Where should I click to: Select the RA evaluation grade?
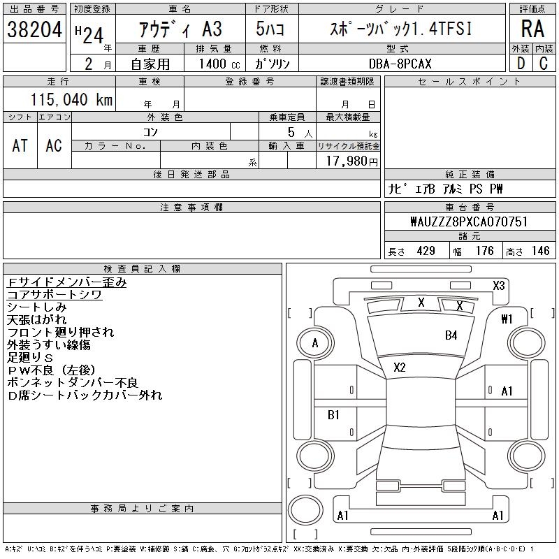(532, 29)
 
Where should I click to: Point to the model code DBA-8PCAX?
(399, 64)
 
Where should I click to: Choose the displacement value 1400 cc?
(215, 64)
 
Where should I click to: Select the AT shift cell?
(20, 145)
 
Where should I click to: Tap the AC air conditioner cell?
(54, 145)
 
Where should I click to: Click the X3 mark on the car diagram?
(498, 285)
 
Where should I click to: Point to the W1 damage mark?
(507, 319)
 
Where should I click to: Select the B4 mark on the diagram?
(451, 335)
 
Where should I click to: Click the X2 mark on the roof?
(400, 368)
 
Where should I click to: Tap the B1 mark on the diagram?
(333, 415)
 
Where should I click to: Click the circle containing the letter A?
(315, 343)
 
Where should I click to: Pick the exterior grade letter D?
(520, 64)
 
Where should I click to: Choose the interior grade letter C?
(544, 64)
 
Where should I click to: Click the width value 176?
(484, 251)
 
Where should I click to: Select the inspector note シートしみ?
(36, 307)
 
